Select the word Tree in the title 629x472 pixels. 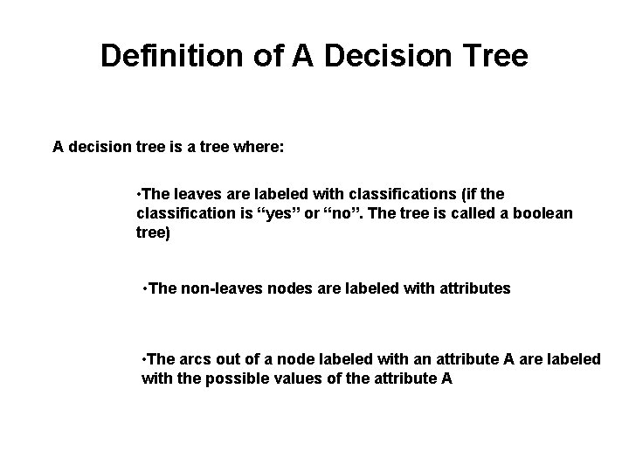(x=493, y=56)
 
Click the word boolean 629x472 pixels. (x=541, y=213)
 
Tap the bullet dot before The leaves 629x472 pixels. (x=140, y=192)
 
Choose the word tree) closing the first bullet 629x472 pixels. (x=154, y=234)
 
